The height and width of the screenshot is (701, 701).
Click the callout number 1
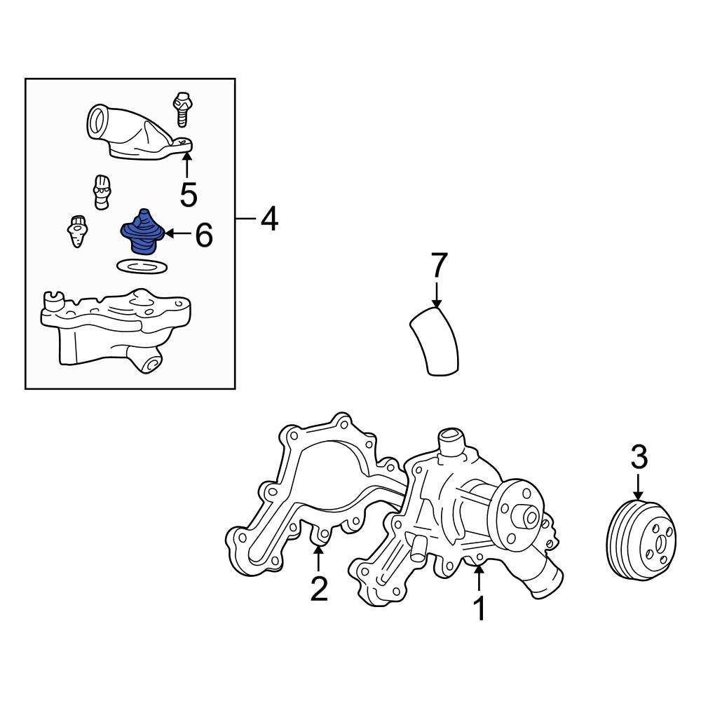pos(479,608)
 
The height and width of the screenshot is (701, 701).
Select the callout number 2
pos(319,589)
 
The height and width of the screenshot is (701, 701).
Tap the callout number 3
pos(639,458)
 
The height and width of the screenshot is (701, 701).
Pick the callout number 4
pos(269,220)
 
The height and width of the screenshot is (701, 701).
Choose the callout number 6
pos(203,236)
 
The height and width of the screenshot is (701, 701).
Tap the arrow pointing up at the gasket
pos(319,559)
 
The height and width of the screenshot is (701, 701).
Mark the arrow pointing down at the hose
pos(437,292)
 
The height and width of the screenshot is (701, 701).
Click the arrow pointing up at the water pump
pos(479,578)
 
